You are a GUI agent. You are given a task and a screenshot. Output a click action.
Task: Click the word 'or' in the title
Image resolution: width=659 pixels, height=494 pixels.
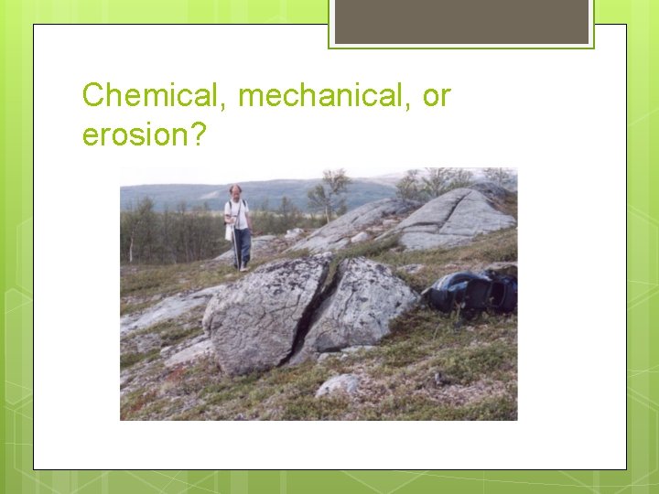point(437,95)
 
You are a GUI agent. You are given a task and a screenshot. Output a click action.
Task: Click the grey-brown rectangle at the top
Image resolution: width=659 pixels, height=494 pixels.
point(461,21)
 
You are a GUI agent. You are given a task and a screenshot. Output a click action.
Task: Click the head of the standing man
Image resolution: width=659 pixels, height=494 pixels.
point(236,190)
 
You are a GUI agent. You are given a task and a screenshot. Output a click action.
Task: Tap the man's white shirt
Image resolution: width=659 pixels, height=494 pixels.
point(236,213)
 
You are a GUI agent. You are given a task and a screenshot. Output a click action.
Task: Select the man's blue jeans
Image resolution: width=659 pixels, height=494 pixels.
point(241,245)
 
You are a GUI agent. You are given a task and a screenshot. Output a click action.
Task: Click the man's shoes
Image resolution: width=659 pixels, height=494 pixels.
point(241,267)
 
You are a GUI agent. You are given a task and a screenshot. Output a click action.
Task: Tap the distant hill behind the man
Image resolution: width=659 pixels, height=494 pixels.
point(183,194)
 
